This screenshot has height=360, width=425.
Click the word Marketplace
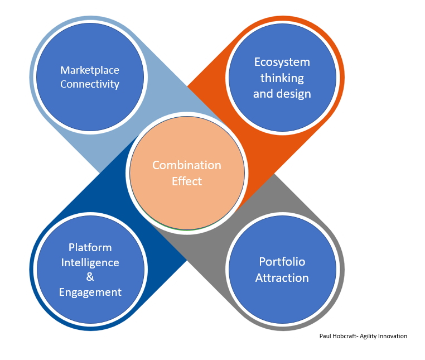[90, 70]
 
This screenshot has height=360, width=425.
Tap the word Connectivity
[90, 84]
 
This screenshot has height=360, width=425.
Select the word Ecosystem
[282, 62]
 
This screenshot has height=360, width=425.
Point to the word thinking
[282, 78]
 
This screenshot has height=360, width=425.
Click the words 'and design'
[282, 93]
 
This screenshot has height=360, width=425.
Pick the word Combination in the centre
[187, 165]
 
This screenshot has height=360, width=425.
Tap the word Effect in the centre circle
[187, 181]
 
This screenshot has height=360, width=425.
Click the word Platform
[90, 247]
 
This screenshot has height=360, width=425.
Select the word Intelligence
[90, 262]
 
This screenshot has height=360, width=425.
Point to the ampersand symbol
[90, 277]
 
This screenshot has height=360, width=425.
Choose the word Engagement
[90, 292]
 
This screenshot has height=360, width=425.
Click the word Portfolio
[282, 262]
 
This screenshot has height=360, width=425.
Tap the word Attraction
[282, 277]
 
